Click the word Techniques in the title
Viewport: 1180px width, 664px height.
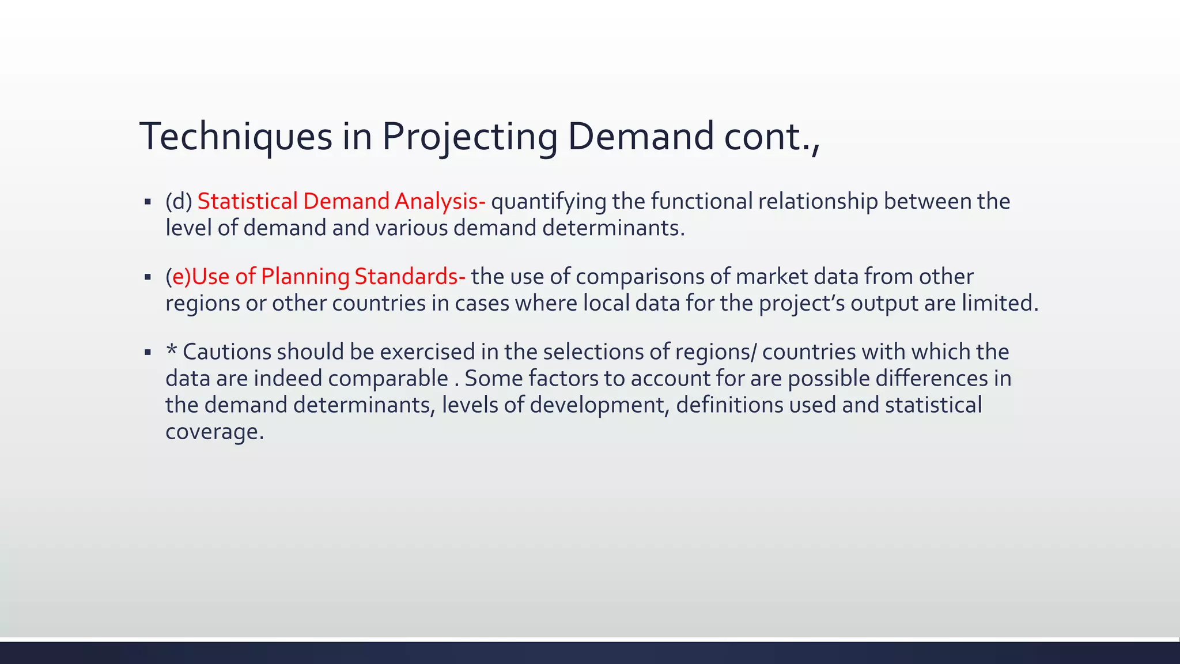tap(236, 137)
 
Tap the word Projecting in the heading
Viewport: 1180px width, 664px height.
tap(470, 137)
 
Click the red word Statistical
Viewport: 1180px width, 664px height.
tap(247, 201)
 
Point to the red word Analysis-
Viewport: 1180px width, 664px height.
tap(440, 201)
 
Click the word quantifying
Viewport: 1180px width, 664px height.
tap(548, 201)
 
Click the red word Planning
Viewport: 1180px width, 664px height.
tap(305, 277)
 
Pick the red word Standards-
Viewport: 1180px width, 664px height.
tap(410, 277)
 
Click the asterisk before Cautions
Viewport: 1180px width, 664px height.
tap(171, 350)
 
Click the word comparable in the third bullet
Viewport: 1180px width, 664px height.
tap(388, 379)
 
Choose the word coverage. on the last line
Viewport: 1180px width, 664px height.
tap(214, 432)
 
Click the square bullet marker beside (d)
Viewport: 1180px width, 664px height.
tap(148, 202)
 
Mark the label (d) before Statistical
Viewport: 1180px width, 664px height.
tap(179, 201)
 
